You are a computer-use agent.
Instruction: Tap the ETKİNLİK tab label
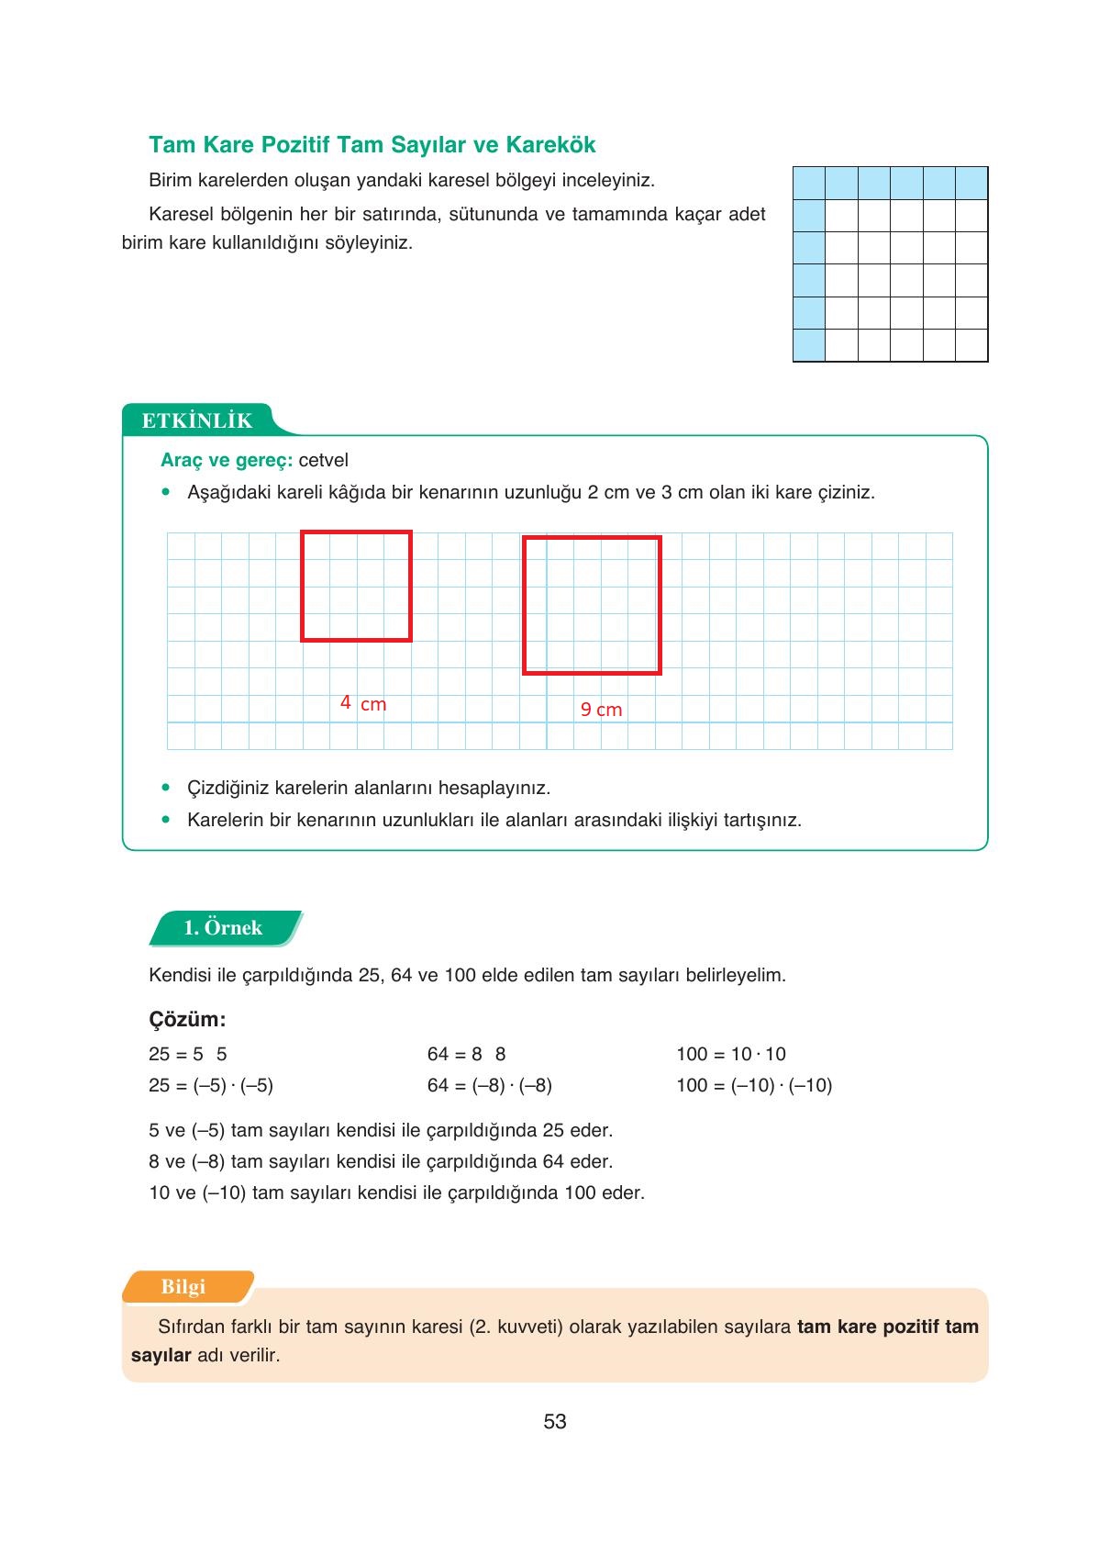(197, 420)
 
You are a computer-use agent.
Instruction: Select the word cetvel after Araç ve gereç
(323, 460)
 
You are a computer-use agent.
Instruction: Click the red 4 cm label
(363, 703)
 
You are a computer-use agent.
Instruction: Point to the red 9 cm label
(601, 709)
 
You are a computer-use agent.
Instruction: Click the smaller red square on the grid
(356, 586)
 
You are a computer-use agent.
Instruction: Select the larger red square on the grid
(592, 606)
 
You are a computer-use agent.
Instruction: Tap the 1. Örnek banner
(224, 927)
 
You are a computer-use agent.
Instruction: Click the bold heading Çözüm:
(187, 1019)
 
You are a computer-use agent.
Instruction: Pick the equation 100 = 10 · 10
(731, 1054)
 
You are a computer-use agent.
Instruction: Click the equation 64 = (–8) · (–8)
(489, 1085)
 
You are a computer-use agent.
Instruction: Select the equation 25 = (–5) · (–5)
(211, 1085)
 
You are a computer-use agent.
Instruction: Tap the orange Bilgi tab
(183, 1286)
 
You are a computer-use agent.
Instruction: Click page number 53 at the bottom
(555, 1421)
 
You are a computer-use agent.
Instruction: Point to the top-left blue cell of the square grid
(809, 184)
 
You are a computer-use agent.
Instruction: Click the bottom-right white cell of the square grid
(971, 345)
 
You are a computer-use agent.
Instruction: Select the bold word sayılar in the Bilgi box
(161, 1355)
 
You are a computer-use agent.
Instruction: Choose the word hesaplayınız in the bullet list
(494, 788)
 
